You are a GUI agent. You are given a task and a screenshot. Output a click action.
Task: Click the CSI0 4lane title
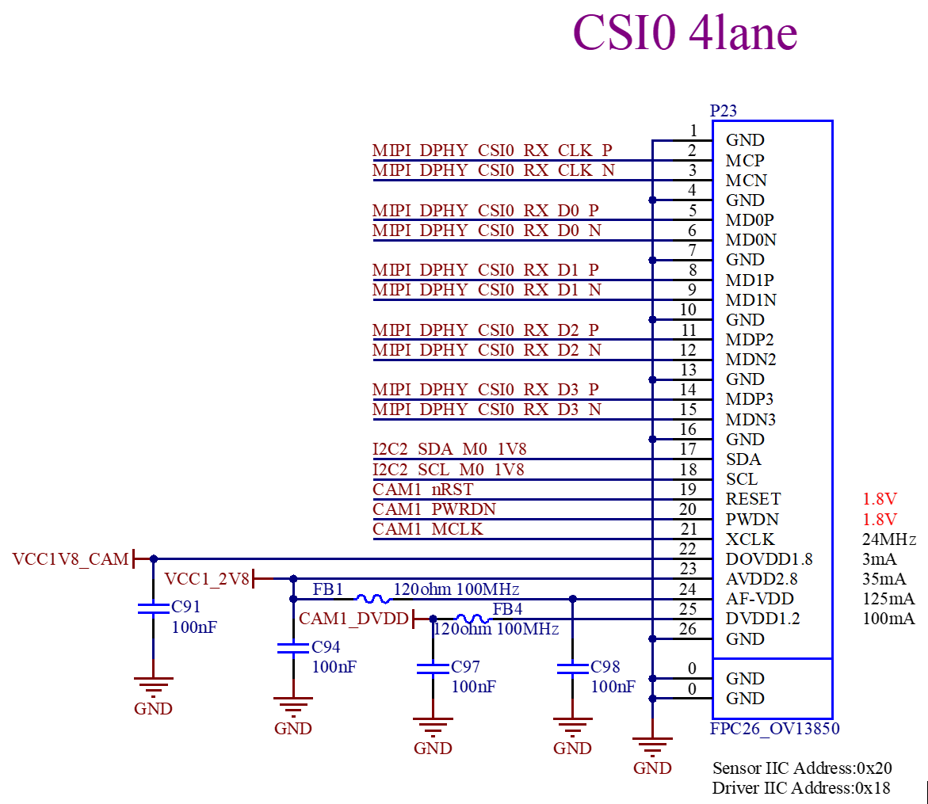pyautogui.click(x=685, y=32)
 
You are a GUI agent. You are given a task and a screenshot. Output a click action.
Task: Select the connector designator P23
pyautogui.click(x=724, y=111)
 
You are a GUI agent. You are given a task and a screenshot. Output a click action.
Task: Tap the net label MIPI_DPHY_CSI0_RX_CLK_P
pyautogui.click(x=492, y=151)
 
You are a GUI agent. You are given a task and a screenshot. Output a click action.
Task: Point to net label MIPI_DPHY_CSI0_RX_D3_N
pyautogui.click(x=487, y=410)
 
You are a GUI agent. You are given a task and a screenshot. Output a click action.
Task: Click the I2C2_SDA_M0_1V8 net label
pyautogui.click(x=449, y=449)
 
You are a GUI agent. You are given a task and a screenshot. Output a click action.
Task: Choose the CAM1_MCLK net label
pyautogui.click(x=427, y=529)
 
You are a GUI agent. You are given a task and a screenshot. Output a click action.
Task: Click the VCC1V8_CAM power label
pyautogui.click(x=70, y=559)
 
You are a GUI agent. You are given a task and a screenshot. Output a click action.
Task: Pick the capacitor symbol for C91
pyautogui.click(x=153, y=609)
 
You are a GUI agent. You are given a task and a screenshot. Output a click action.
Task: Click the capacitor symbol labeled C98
pyautogui.click(x=572, y=669)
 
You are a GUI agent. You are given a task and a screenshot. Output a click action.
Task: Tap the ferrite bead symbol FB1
pyautogui.click(x=372, y=599)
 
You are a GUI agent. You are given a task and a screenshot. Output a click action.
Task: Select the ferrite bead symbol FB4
pyautogui.click(x=473, y=619)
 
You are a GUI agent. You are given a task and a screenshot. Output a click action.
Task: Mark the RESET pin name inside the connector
pyautogui.click(x=753, y=499)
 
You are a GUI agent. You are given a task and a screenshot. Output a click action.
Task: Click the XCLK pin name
pyautogui.click(x=750, y=539)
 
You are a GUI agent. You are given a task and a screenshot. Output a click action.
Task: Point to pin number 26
pyautogui.click(x=687, y=628)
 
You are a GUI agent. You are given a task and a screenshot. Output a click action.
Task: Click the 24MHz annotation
pyautogui.click(x=889, y=539)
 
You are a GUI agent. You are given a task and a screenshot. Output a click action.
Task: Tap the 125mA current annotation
pyautogui.click(x=888, y=599)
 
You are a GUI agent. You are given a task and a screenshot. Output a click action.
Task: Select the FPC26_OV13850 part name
pyautogui.click(x=775, y=728)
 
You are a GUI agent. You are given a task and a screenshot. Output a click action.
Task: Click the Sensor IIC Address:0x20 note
pyautogui.click(x=802, y=768)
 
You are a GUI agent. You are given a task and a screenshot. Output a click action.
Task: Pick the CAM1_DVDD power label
pyautogui.click(x=353, y=619)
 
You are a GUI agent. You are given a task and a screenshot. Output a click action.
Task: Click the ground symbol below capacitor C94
pyautogui.click(x=293, y=707)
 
